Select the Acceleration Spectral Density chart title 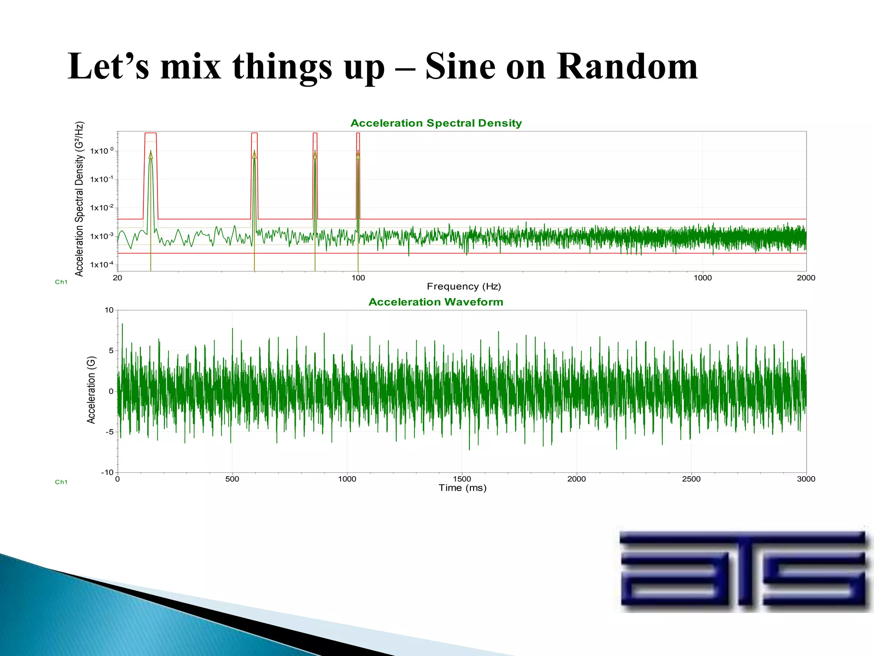tap(436, 123)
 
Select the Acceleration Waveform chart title tap(436, 302)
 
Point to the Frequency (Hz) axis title tap(463, 286)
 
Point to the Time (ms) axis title tap(462, 488)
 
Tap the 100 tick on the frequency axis tap(358, 278)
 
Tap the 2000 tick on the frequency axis tap(806, 278)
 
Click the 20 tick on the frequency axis tap(117, 278)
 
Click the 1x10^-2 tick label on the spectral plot tap(102, 208)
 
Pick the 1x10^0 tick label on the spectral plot tap(102, 151)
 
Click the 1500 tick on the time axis tap(462, 479)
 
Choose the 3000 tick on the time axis tap(806, 479)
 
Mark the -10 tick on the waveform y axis tap(107, 472)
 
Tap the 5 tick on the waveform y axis tap(111, 351)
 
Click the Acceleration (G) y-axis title tap(91, 390)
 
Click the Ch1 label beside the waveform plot tap(61, 482)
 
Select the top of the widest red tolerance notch tap(151, 133)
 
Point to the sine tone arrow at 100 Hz tap(358, 155)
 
